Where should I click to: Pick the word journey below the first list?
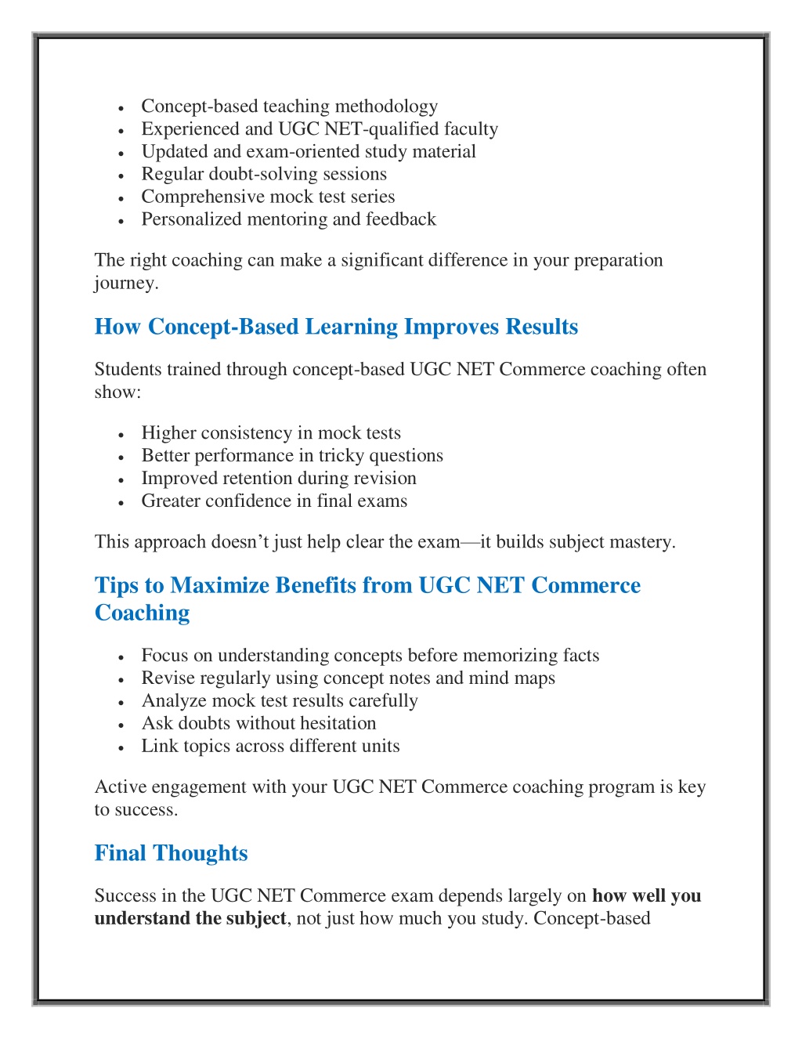[125, 283]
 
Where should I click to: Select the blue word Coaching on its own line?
[142, 613]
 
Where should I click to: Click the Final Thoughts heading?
[171, 853]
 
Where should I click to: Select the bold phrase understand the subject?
[190, 918]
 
